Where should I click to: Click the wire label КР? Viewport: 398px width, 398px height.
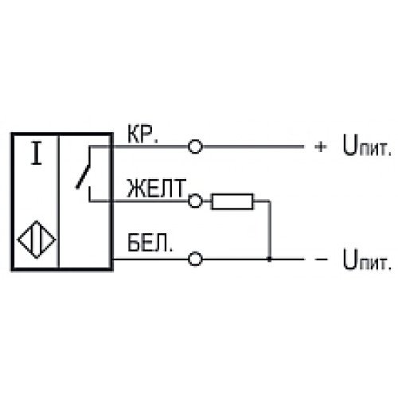[x=142, y=134]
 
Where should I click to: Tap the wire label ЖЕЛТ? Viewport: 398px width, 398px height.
[x=156, y=188]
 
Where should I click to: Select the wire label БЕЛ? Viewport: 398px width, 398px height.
[x=150, y=243]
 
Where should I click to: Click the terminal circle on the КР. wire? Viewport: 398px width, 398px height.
[x=195, y=146]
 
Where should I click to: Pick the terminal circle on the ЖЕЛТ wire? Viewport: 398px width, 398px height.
[x=195, y=201]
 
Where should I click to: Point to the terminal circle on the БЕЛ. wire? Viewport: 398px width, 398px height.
[x=195, y=259]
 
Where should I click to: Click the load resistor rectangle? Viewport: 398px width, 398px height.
[x=232, y=201]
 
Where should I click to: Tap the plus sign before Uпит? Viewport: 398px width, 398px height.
[x=321, y=146]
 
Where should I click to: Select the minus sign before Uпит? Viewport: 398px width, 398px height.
[x=321, y=259]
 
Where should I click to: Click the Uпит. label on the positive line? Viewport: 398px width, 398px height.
[x=367, y=146]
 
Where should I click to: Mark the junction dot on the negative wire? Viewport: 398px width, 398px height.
[x=270, y=259]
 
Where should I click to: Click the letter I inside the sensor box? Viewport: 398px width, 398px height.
[x=37, y=153]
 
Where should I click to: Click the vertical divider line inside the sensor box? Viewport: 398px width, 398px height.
[x=59, y=201]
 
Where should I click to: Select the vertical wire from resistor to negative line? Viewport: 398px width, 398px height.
[x=270, y=230]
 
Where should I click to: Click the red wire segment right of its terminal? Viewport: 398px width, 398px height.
[x=253, y=146]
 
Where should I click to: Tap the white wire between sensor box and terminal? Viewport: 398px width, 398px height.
[x=150, y=259]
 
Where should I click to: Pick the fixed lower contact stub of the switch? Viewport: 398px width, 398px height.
[x=90, y=194]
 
